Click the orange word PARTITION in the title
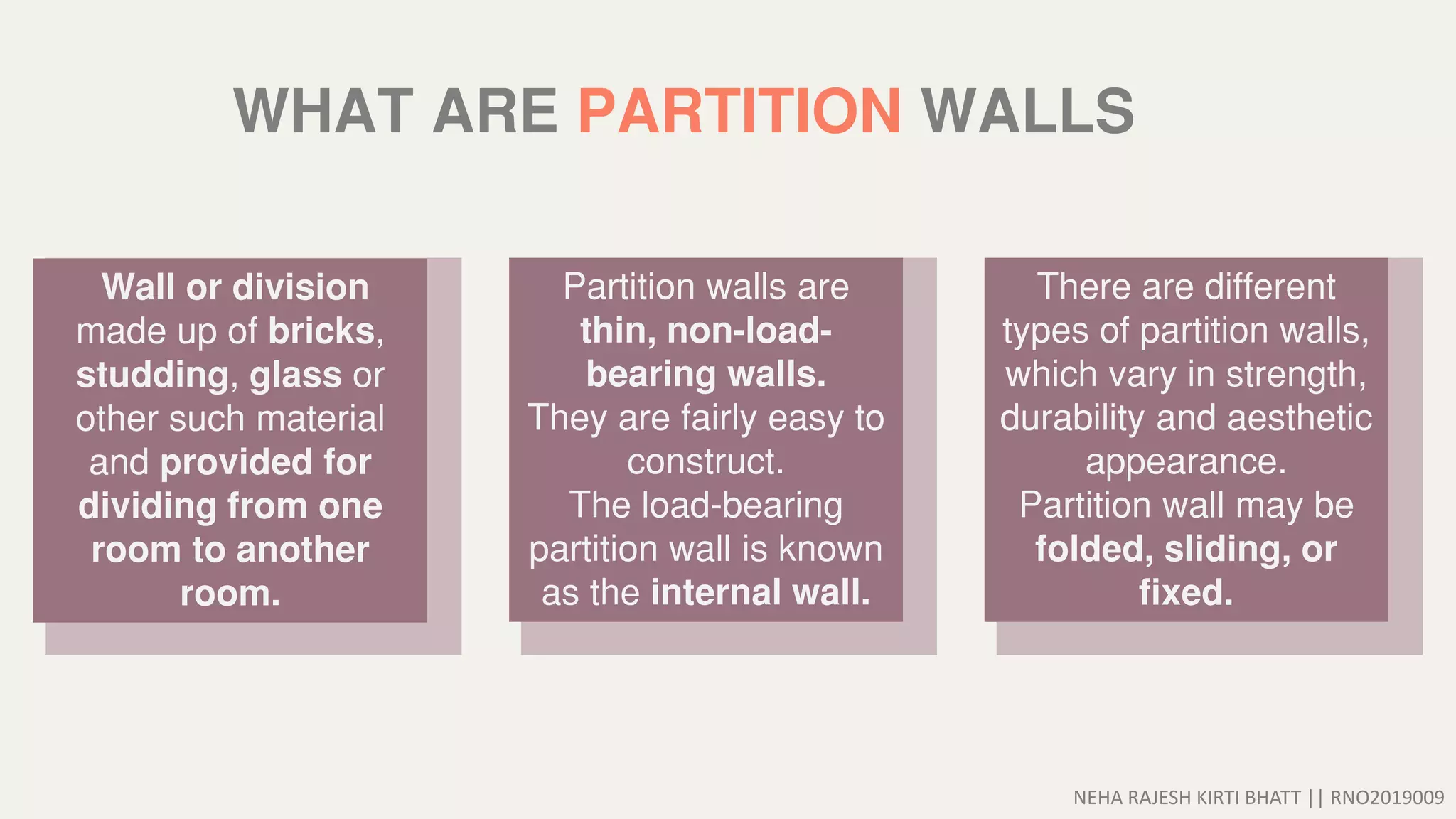tap(739, 112)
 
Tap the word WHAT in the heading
tap(323, 112)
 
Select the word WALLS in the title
tap(1027, 112)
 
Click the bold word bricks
tap(321, 331)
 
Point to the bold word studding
tap(152, 375)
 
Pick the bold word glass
tap(295, 375)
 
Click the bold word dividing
tap(147, 506)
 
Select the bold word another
tap(302, 550)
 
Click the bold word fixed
tap(1185, 593)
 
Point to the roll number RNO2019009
tap(1387, 798)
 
